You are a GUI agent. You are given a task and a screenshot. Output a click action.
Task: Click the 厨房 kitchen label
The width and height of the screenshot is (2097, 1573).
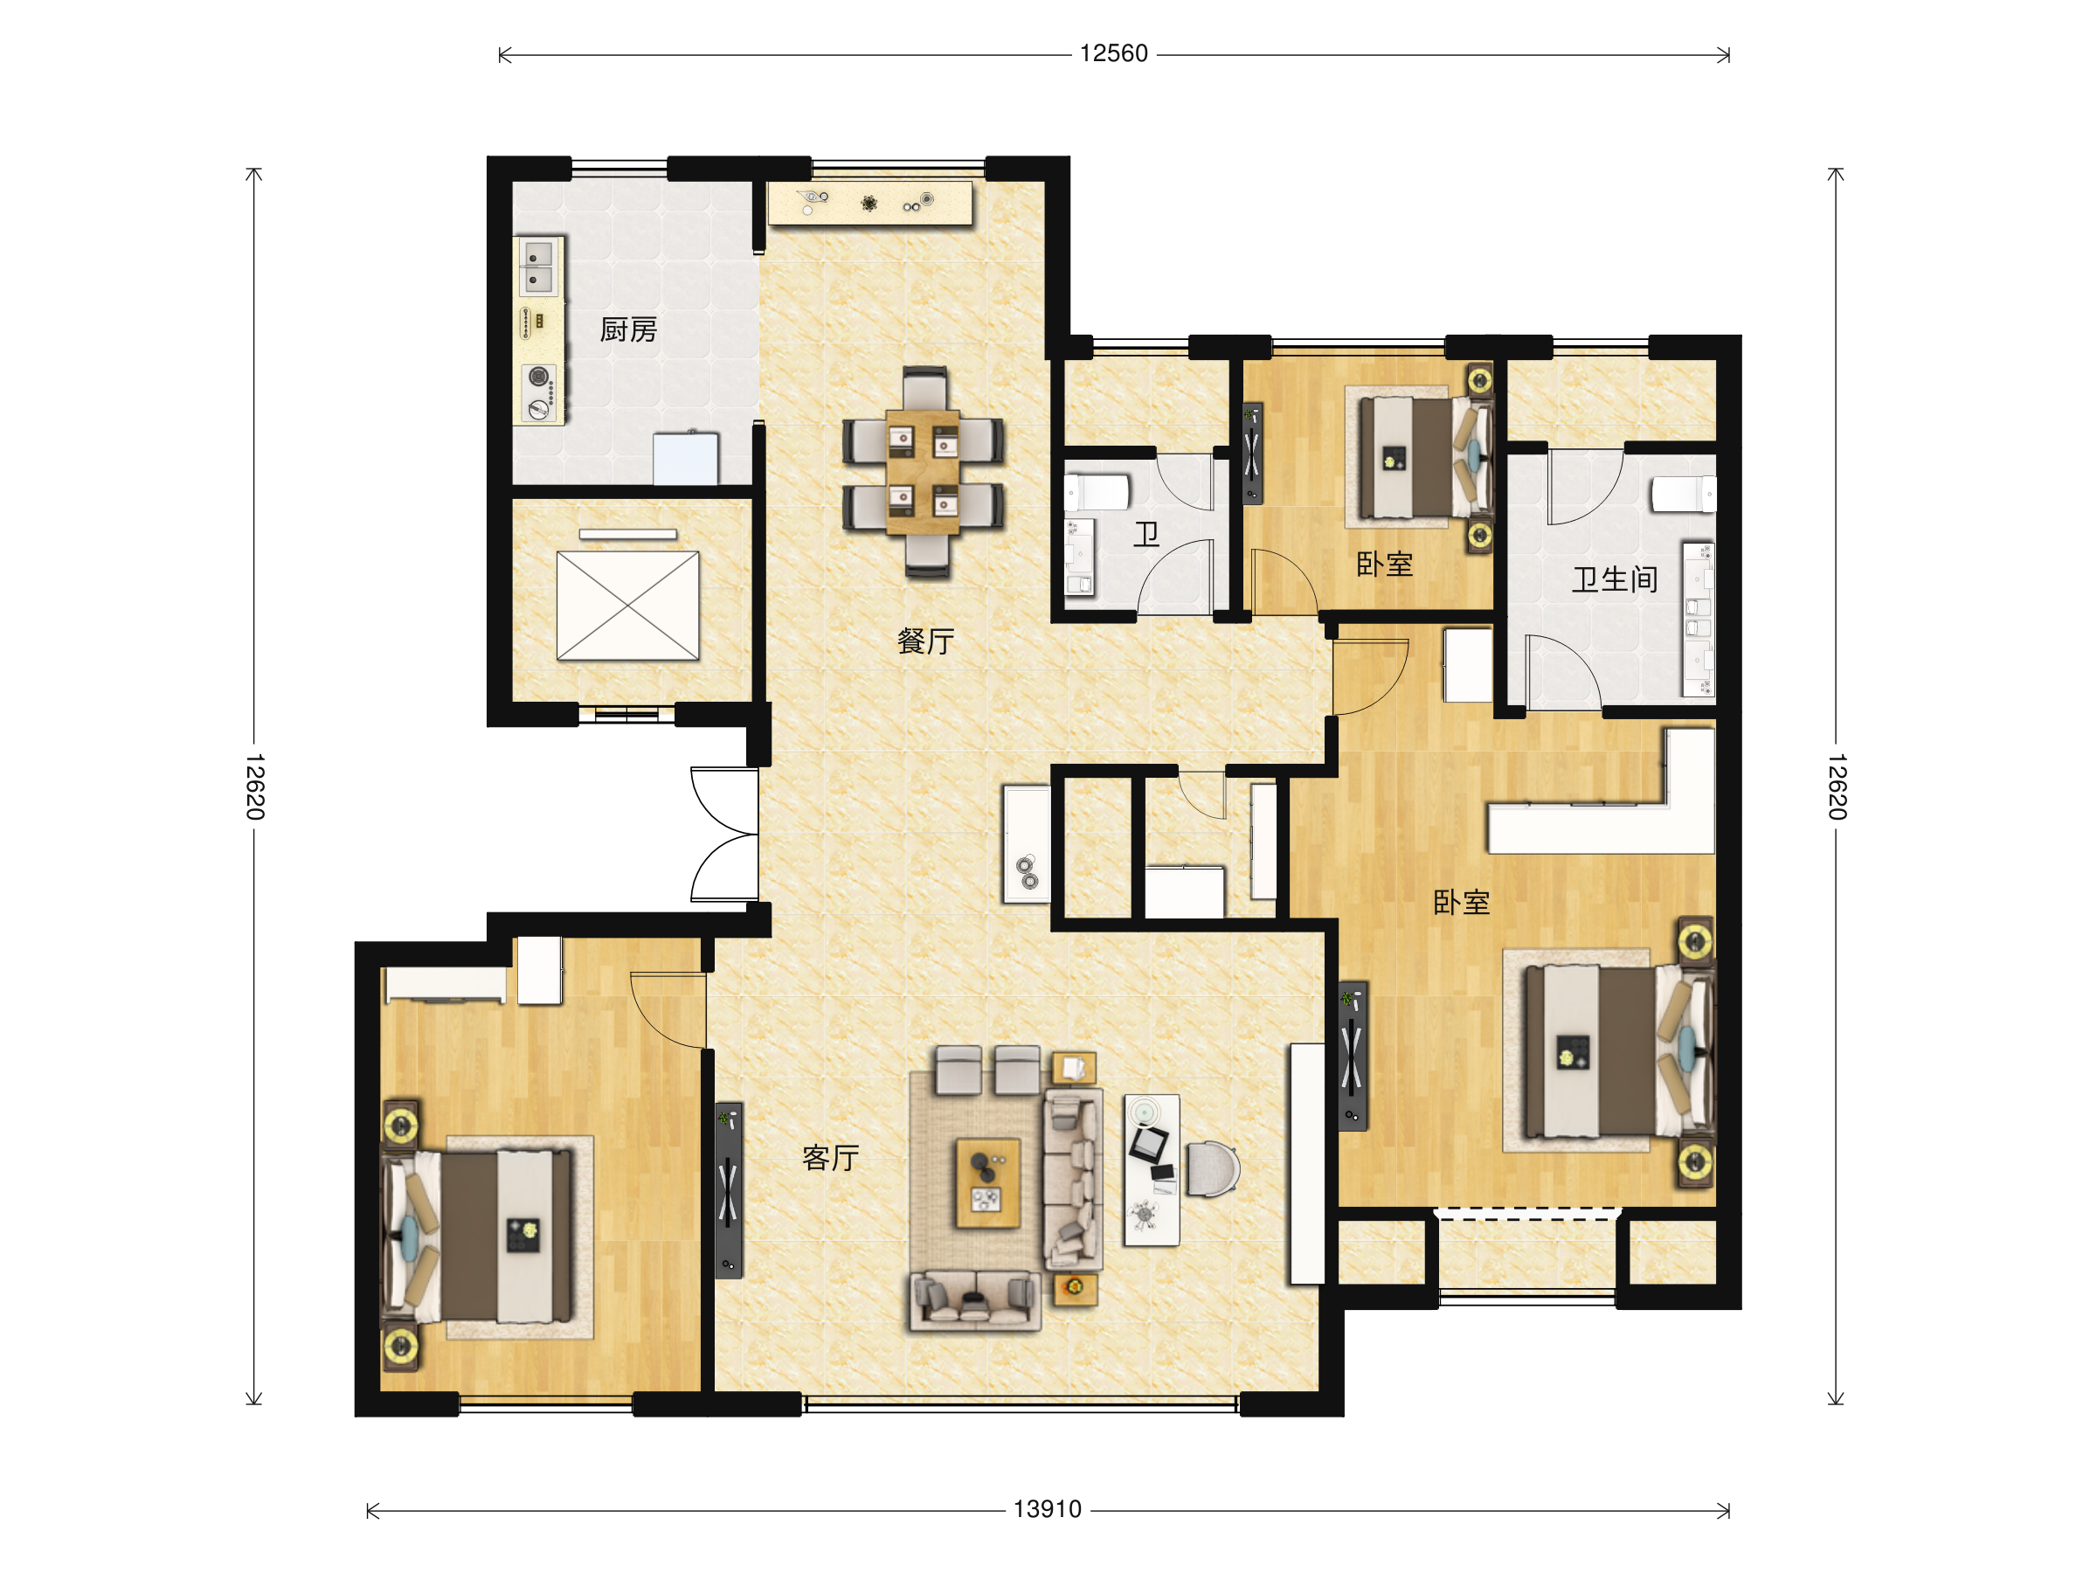(628, 330)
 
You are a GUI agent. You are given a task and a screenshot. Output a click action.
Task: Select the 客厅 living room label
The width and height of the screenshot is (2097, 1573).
(830, 1158)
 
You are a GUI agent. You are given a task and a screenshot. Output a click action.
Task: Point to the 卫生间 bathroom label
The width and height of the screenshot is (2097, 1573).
(1615, 579)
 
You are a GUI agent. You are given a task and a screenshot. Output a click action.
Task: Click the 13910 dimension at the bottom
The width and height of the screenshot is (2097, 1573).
(1048, 1509)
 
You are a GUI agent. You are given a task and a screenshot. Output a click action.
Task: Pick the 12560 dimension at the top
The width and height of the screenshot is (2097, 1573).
(1114, 54)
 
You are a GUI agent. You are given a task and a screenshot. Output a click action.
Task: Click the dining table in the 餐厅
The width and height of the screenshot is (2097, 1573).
(923, 471)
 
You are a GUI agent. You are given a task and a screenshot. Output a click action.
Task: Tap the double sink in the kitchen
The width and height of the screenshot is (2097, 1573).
(538, 267)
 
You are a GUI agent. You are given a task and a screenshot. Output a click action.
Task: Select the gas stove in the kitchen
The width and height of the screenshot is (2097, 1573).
(539, 392)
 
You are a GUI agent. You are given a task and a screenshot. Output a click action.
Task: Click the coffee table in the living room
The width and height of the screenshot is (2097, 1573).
(988, 1183)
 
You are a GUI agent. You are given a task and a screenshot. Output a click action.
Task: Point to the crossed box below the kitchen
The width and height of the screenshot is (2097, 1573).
(627, 606)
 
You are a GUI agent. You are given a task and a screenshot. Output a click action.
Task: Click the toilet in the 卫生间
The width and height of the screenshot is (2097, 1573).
(1683, 494)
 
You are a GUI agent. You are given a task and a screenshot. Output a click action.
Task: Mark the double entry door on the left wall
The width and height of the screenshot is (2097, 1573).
(724, 835)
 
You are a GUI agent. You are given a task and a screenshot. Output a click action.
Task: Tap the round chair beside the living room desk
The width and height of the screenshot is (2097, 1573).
(1213, 1169)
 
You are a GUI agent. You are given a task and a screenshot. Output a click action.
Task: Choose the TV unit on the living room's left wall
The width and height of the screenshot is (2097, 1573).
(729, 1189)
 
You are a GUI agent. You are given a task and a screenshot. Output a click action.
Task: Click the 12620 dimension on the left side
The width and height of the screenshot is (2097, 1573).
(254, 787)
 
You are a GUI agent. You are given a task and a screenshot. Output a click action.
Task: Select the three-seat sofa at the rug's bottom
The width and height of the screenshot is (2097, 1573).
(975, 1302)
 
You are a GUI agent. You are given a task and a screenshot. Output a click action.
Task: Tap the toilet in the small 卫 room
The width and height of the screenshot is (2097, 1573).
(1097, 493)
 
